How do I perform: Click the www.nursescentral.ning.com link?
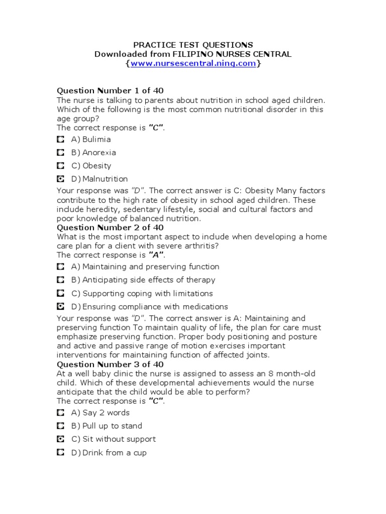click(x=193, y=64)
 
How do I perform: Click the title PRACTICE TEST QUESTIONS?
click(x=193, y=45)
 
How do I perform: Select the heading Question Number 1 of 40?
click(x=110, y=91)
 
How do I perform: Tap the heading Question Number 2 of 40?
click(x=110, y=227)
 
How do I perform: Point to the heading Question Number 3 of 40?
click(x=110, y=364)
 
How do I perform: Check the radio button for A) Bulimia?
click(x=60, y=139)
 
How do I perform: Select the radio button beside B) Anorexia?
click(x=60, y=152)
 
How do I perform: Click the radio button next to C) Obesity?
click(x=60, y=165)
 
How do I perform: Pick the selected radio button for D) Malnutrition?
click(x=60, y=179)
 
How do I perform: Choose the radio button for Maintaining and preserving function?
click(x=60, y=267)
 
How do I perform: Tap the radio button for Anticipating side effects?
click(x=60, y=280)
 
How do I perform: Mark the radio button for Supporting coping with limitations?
click(x=60, y=293)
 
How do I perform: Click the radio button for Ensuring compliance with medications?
click(x=60, y=306)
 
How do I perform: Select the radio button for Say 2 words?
click(x=60, y=413)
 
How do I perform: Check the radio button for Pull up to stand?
click(x=60, y=426)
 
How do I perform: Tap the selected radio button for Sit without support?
click(x=60, y=439)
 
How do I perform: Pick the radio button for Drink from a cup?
click(x=60, y=452)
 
